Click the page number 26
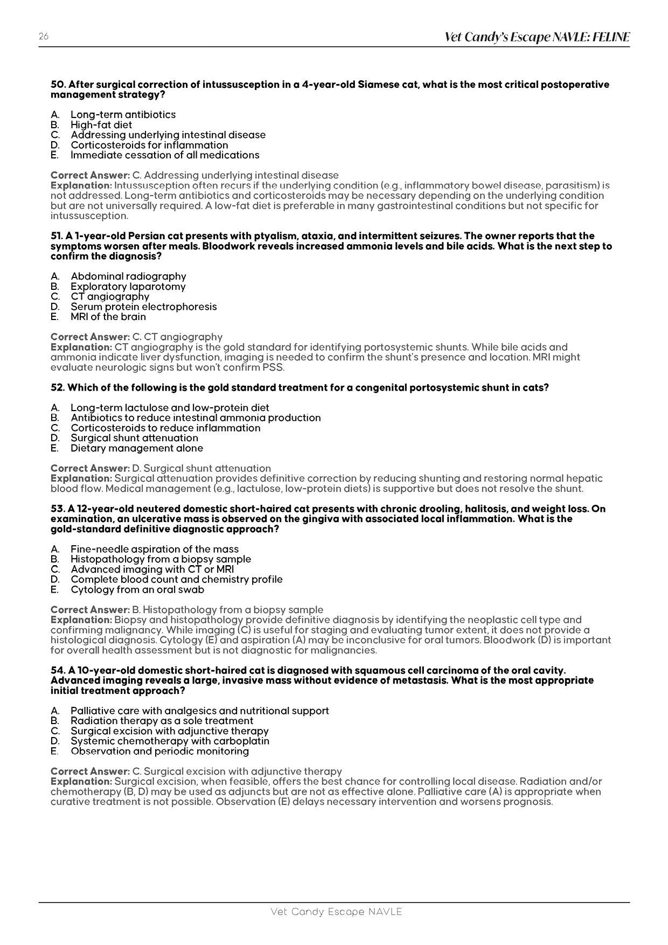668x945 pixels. pyautogui.click(x=43, y=37)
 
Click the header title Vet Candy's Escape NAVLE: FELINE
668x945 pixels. pyautogui.click(x=537, y=37)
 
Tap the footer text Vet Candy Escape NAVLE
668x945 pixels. pyautogui.click(x=336, y=912)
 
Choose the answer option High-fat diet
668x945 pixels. pyautogui.click(x=101, y=124)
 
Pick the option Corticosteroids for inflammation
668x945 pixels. pyautogui.click(x=149, y=145)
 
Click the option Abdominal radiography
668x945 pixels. pyautogui.click(x=128, y=276)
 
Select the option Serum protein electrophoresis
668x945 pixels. pyautogui.click(x=143, y=307)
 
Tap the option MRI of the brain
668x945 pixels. pyautogui.click(x=108, y=317)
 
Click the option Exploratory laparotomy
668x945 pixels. pyautogui.click(x=128, y=287)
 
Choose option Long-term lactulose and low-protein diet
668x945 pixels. pyautogui.click(x=170, y=408)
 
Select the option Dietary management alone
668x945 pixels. pyautogui.click(x=137, y=448)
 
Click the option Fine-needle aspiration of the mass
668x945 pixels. pyautogui.click(x=154, y=549)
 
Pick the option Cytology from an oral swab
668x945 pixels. pyautogui.click(x=137, y=589)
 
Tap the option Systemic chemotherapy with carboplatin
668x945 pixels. pyautogui.click(x=170, y=741)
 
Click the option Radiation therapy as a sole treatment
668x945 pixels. pyautogui.click(x=162, y=721)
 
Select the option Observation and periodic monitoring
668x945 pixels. pyautogui.click(x=159, y=751)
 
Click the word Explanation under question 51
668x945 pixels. pyautogui.click(x=81, y=347)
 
